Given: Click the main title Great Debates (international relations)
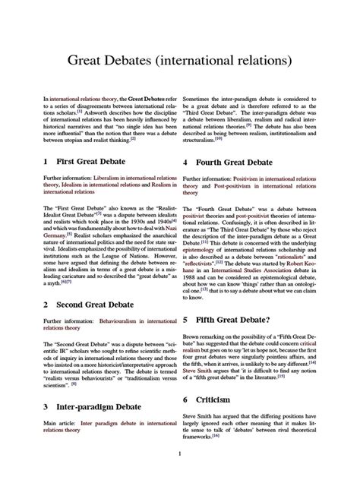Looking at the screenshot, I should click(x=179, y=58).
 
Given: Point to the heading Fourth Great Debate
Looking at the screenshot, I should click(x=251, y=163).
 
